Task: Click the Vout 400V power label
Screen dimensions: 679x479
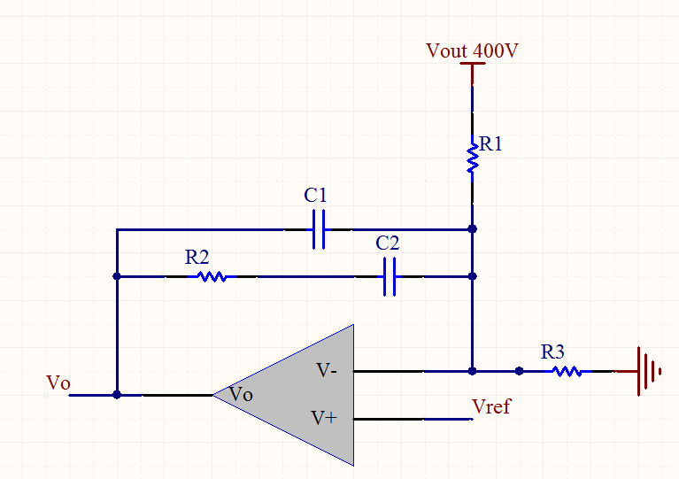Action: coord(472,50)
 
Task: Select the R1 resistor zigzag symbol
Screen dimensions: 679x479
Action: coord(473,158)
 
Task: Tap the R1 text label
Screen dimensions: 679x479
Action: coord(490,143)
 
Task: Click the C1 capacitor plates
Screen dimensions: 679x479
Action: coord(319,229)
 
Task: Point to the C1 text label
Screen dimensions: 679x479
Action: coord(315,195)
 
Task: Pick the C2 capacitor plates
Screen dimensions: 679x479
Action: coord(390,277)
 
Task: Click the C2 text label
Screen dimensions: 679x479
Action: coord(387,243)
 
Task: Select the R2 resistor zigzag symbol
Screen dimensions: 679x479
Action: coord(212,276)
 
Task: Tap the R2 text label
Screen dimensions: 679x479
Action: coord(197,258)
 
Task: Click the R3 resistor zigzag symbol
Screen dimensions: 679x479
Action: coord(567,371)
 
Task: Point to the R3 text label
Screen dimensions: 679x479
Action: coord(552,352)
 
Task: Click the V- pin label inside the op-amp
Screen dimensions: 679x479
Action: coord(327,370)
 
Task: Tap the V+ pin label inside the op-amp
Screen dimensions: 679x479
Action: coord(324,418)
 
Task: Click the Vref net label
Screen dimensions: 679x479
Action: coord(491,406)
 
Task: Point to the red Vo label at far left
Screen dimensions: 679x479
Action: coord(58,382)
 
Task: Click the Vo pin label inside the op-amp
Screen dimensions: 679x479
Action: coord(241,394)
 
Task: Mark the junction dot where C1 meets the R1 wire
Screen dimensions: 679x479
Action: coord(473,228)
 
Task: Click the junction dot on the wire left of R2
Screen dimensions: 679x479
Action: coord(117,276)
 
